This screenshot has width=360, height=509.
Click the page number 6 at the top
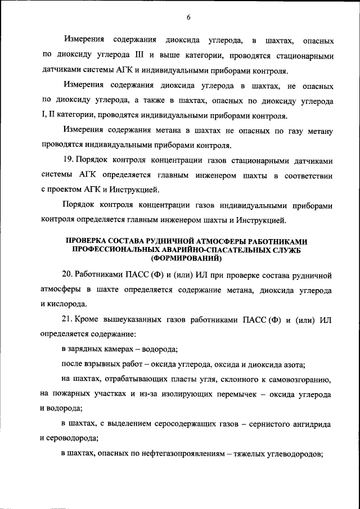189,17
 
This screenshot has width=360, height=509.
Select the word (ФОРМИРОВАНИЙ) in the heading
188,259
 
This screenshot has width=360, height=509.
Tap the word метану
318,132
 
